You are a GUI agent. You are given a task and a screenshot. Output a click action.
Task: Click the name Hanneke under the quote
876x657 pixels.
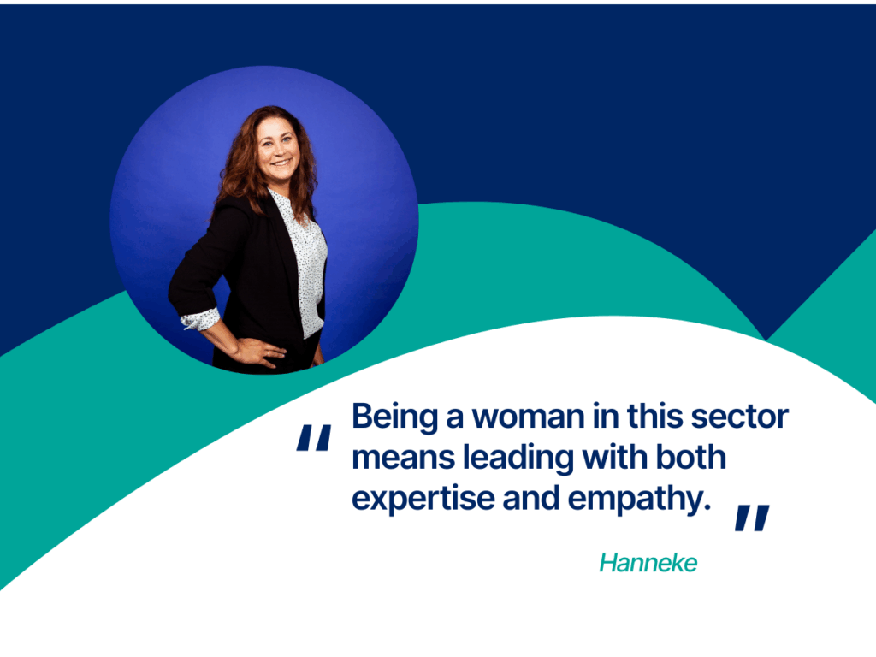click(648, 563)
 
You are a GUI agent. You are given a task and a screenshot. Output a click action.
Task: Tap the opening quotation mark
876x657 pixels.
click(314, 437)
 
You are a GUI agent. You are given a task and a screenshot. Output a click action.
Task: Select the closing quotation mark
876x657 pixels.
click(752, 518)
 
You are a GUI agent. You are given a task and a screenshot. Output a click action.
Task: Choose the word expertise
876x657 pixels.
click(423, 499)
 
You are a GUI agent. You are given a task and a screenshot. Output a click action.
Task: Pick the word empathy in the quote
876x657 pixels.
click(639, 499)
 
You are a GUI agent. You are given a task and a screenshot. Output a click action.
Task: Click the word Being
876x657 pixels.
click(395, 417)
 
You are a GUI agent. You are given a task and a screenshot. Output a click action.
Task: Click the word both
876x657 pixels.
click(691, 457)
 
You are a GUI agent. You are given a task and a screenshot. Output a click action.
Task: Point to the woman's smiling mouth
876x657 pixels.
click(281, 163)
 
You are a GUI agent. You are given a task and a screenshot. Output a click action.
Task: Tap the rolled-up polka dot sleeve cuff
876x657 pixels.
click(200, 318)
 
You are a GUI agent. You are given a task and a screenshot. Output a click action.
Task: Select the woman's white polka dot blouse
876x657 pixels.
click(305, 263)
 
